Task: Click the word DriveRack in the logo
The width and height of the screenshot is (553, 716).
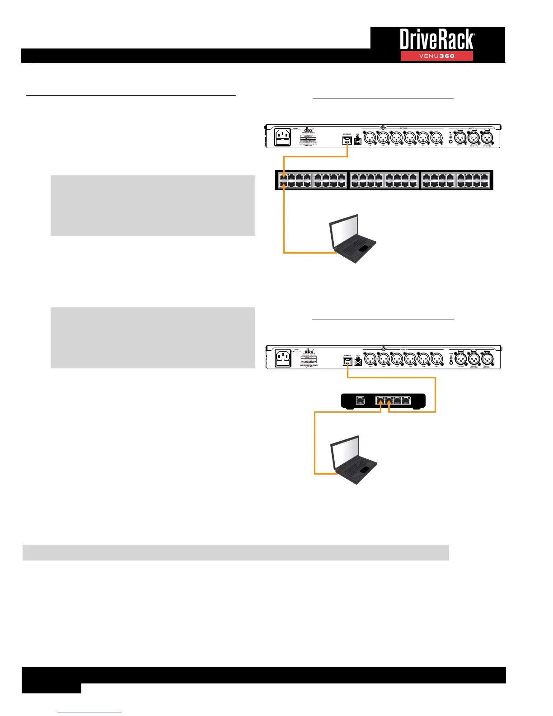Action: point(436,40)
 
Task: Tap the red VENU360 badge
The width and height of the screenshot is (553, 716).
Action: point(436,56)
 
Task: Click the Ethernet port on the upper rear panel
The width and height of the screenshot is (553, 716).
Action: point(347,140)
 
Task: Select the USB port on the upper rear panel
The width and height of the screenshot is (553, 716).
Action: point(358,141)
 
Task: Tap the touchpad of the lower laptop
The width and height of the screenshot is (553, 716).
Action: point(364,470)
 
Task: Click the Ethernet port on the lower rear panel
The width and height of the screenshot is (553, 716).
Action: point(347,362)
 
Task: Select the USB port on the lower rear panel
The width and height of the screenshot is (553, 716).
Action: point(358,362)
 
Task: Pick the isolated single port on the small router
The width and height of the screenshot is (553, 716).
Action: point(360,400)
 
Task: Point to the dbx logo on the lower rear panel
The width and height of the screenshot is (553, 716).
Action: point(309,351)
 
